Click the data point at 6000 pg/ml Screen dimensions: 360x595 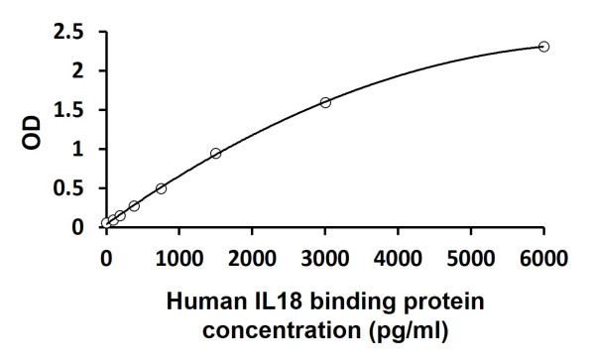[x=543, y=47]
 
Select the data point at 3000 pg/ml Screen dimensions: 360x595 [x=325, y=102]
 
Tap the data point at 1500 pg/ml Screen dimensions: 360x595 [x=215, y=153]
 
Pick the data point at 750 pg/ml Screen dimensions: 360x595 [x=161, y=187]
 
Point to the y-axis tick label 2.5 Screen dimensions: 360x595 [x=69, y=33]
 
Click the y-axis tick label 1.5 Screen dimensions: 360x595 [x=69, y=110]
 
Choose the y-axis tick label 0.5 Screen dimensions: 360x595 [x=69, y=188]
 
